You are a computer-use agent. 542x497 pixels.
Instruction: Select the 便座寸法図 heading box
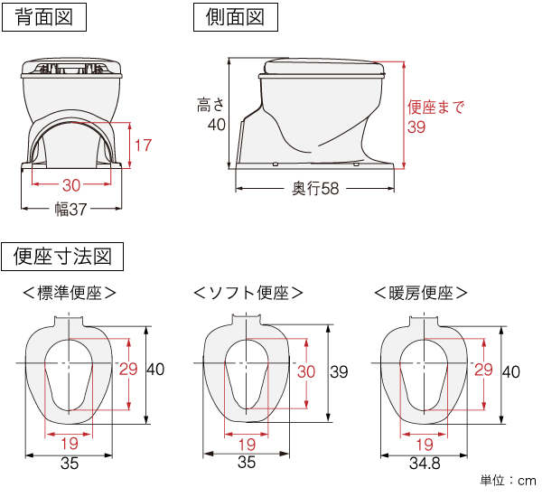point(62,258)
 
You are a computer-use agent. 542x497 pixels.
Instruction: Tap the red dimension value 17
point(143,145)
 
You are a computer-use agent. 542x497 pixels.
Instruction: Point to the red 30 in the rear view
point(71,185)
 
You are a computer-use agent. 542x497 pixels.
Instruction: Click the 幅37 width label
point(71,209)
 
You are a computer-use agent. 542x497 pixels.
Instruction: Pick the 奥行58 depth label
point(315,189)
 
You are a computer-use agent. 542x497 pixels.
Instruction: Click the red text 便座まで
point(436,108)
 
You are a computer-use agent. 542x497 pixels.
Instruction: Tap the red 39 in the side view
point(416,127)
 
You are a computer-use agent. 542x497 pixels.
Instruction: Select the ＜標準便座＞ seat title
point(70,293)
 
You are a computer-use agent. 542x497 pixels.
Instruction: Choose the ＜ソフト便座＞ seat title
point(247,293)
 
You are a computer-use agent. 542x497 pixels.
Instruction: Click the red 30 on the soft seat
point(306,370)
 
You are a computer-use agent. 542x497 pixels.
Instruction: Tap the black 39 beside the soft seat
point(340,370)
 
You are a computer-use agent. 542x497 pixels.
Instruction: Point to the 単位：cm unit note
point(507,481)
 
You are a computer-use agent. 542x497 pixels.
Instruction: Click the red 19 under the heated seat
point(424,444)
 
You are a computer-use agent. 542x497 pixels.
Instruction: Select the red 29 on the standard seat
point(128,369)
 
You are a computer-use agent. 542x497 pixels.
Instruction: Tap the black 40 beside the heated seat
point(511,370)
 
